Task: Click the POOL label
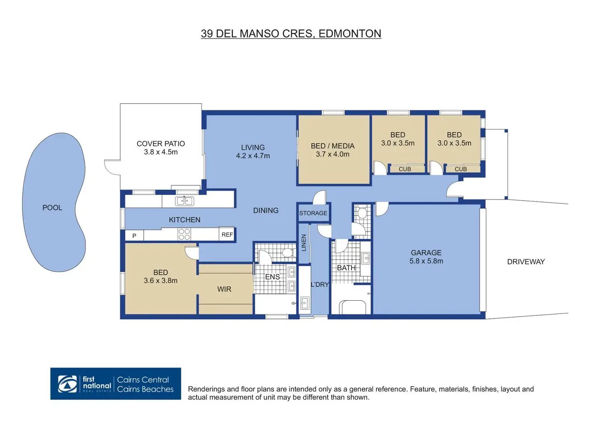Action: coord(52,208)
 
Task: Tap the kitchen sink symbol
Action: coord(185,201)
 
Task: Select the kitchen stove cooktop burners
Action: coord(184,234)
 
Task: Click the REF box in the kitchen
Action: coord(227,234)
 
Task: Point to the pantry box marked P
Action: coord(134,235)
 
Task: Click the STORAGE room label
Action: coord(313,213)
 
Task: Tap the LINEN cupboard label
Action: coord(304,243)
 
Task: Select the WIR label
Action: coord(224,289)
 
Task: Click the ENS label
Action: coord(272,277)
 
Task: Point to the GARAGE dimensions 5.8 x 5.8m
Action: coord(426,261)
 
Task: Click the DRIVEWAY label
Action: coord(526,262)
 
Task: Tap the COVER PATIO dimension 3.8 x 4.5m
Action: coord(161,152)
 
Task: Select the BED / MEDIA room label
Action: coord(332,146)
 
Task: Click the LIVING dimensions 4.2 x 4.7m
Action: coord(253,156)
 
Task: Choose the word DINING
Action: coord(266,210)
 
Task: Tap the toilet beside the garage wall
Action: coord(362,212)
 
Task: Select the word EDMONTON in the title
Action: coord(350,33)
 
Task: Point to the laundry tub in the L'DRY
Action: coord(304,303)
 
